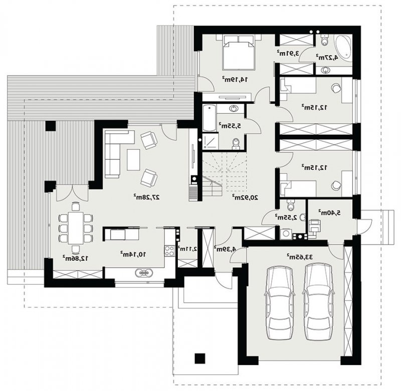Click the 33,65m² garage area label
pyautogui.click(x=299, y=257)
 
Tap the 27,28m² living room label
pyautogui.click(x=146, y=197)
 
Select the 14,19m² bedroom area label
pyautogui.click(x=235, y=79)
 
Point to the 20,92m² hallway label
pyautogui.click(x=245, y=197)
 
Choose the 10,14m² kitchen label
pyautogui.click(x=133, y=254)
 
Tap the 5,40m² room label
pyautogui.click(x=330, y=212)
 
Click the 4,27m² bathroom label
pyautogui.click(x=327, y=57)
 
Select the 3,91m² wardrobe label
pyautogui.click(x=288, y=54)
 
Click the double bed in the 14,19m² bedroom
pyautogui.click(x=239, y=53)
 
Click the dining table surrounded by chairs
pyautogui.click(x=76, y=228)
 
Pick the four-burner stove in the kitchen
pyautogui.click(x=169, y=251)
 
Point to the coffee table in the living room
pyautogui.click(x=133, y=160)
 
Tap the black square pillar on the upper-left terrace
pyautogui.click(x=51, y=126)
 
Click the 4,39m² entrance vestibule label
pyautogui.click(x=225, y=249)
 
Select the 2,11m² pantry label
pyautogui.click(x=187, y=248)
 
